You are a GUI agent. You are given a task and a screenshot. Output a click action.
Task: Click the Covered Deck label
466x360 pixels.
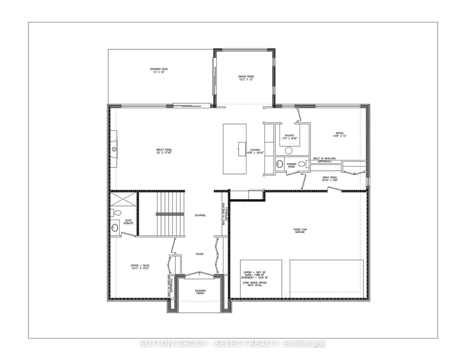[159, 69]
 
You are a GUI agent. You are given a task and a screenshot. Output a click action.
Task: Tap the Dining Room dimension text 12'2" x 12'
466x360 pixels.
[246, 79]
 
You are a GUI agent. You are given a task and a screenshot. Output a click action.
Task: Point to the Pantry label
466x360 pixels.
[290, 135]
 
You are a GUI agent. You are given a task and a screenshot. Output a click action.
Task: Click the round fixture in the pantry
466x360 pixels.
[289, 150]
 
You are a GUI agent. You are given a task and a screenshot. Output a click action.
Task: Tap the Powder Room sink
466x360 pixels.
[280, 164]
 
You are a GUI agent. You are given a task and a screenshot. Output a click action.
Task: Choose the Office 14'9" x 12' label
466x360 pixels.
[339, 134]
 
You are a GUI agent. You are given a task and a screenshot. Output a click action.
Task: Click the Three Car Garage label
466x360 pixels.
[300, 231]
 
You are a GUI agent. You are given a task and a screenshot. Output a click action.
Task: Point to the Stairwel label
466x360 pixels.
[200, 215]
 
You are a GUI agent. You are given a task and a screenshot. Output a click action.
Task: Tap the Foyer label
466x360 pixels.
[199, 254]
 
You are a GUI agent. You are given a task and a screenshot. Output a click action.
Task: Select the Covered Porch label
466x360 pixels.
[200, 292]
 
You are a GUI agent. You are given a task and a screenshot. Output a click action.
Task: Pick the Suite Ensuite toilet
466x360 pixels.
[116, 212]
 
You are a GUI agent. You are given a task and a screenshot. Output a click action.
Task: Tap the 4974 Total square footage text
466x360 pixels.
[255, 285]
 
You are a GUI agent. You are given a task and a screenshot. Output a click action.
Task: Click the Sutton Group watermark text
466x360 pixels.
[233, 344]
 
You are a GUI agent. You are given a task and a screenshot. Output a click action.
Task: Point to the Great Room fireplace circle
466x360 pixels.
[114, 149]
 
